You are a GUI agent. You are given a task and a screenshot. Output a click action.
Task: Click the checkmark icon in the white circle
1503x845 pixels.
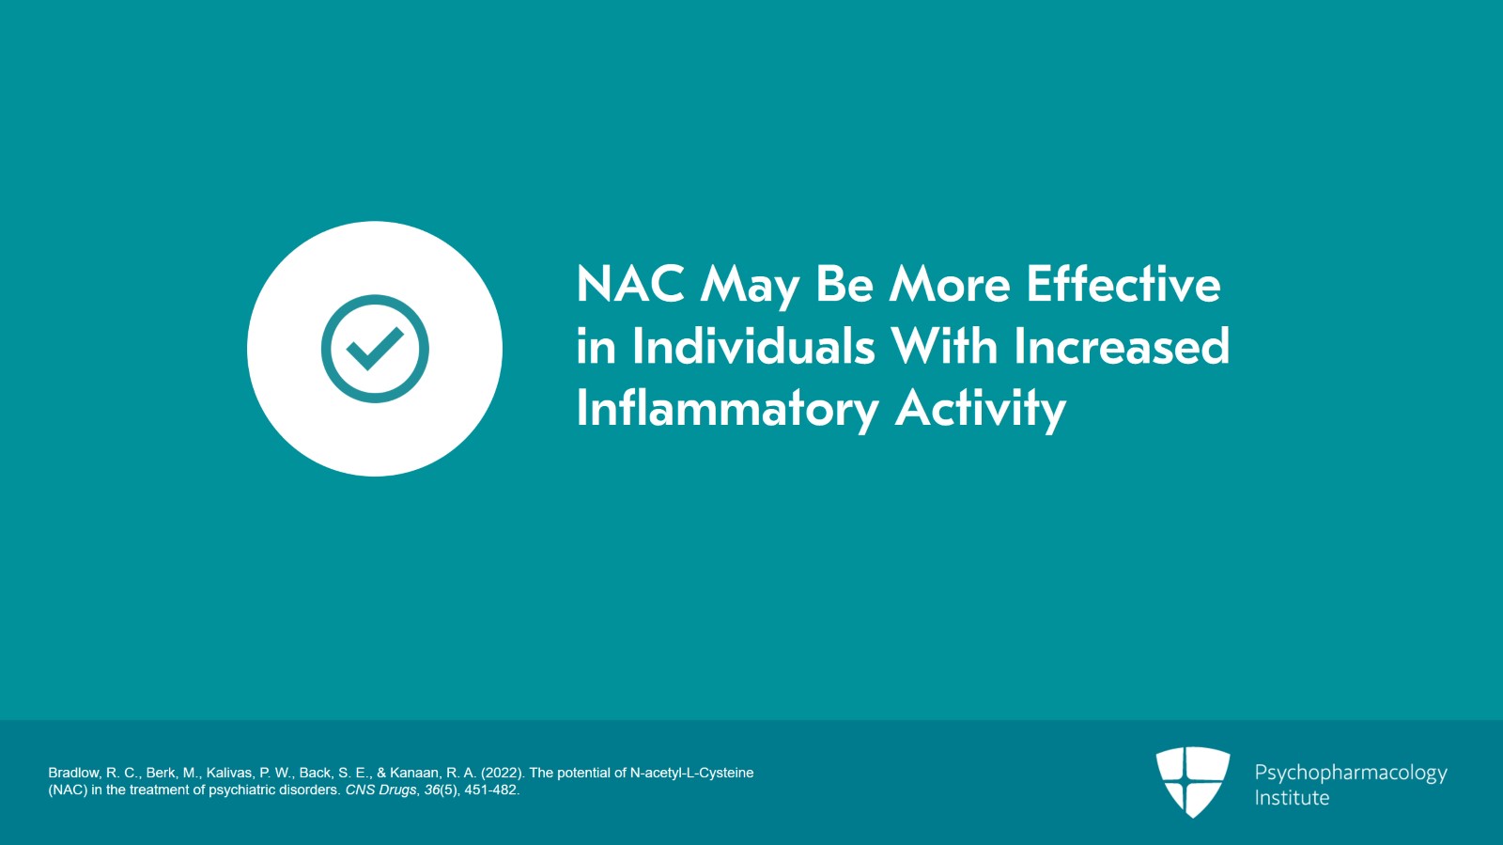pos(375,349)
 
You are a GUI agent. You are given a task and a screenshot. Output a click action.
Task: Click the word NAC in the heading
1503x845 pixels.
pos(630,284)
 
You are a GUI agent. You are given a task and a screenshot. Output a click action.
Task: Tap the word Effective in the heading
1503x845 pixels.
pos(1123,284)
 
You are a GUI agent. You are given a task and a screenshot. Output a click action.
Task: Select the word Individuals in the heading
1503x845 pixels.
pos(753,346)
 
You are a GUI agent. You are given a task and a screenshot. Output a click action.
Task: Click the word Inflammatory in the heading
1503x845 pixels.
pos(727,409)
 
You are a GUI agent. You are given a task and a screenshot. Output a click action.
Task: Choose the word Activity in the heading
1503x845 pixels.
pos(980,409)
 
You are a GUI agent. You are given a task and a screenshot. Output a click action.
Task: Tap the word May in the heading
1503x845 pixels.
pos(750,286)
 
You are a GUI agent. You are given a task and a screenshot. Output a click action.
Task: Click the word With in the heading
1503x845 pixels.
pos(944,346)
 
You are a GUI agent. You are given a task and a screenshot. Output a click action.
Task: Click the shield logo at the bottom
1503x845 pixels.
pos(1192,781)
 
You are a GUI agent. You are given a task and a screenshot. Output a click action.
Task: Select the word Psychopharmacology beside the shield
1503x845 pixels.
pos(1350,773)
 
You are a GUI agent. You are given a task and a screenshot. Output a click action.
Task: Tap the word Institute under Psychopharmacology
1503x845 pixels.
pos(1292,798)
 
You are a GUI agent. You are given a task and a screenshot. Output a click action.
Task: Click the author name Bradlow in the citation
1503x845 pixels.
pos(74,773)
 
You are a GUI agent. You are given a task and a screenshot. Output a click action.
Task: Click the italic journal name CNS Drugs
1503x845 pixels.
pos(380,790)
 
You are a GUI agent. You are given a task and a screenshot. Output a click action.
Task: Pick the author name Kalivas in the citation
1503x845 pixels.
pos(228,773)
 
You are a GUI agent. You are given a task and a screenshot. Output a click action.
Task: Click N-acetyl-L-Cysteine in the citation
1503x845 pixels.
pos(691,773)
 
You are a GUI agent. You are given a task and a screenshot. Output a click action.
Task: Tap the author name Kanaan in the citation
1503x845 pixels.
pos(415,773)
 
